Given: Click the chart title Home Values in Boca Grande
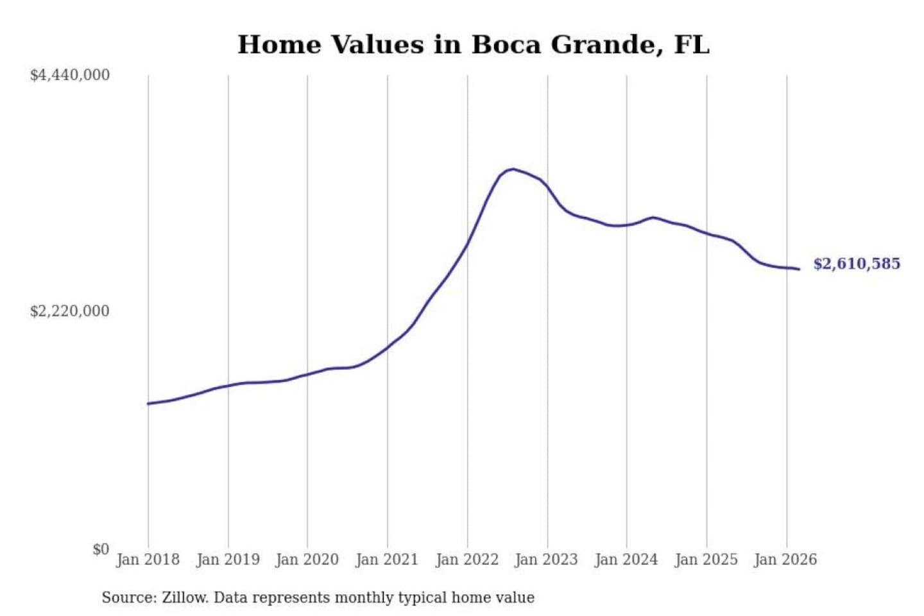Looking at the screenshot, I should point(474,45).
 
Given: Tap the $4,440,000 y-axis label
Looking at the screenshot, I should point(70,75).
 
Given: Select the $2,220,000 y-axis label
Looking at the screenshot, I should point(70,311).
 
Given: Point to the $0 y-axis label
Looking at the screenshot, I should point(101,549).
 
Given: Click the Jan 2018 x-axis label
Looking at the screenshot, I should point(148,560).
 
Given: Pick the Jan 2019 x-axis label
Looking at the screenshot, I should point(228,560).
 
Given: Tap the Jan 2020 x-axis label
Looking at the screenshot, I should point(307,560).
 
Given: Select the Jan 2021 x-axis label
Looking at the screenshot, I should point(387,560).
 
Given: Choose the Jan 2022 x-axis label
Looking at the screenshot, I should point(467,560).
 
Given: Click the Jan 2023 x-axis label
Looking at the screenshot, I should point(547,560).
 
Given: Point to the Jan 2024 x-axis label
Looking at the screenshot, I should point(626,560).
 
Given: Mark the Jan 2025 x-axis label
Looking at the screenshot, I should point(706,560).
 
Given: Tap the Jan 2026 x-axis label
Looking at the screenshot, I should point(786,560).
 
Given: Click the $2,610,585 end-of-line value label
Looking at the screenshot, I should point(857,264).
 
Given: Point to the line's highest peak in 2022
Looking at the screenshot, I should point(512,169).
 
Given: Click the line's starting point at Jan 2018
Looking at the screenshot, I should point(148,404).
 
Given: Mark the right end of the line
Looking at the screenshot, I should point(799,269).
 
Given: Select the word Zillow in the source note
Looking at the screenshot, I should point(184,598).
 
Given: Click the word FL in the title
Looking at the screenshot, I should point(692,45).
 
